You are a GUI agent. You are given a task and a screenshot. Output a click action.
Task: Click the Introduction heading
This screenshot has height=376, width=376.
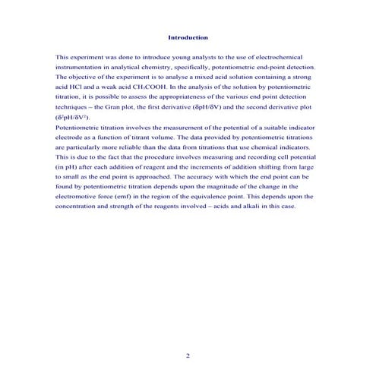click(187, 37)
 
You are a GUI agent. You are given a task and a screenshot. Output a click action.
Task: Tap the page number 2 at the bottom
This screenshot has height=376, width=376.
click(188, 355)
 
